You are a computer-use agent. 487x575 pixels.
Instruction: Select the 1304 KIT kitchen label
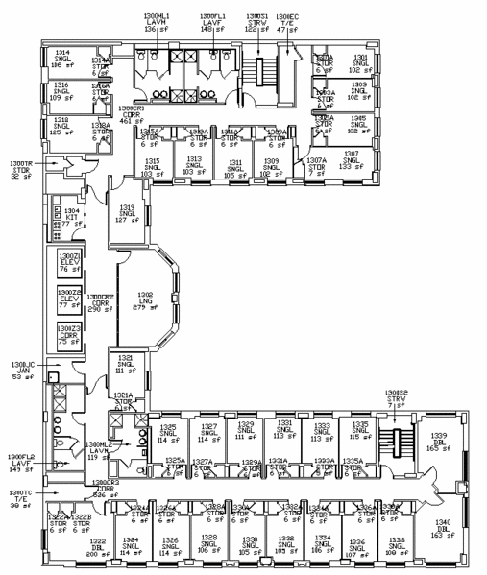coord(70,216)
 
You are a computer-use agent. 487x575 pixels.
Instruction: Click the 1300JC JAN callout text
coord(22,371)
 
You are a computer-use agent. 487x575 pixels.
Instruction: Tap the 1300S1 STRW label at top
coord(256,22)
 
